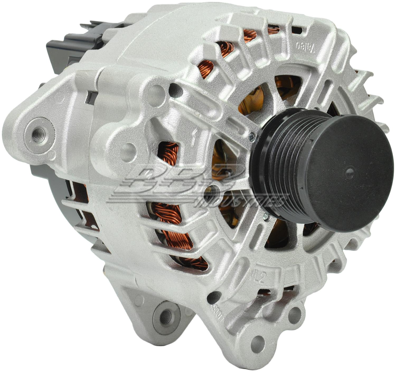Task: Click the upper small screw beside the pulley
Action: pos(252,136)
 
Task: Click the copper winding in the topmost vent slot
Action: pos(273,30)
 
